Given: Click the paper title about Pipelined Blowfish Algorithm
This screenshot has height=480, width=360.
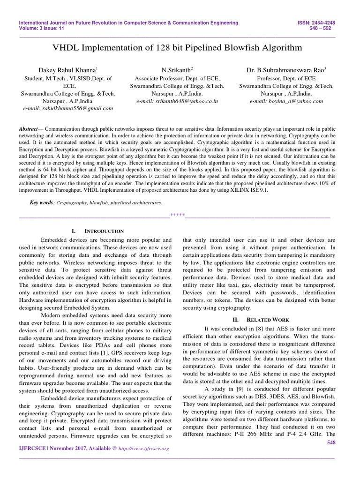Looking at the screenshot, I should [180, 48].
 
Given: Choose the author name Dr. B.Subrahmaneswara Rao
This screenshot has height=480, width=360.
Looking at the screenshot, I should [286, 70].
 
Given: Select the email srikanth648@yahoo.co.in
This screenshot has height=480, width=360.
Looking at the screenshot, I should [177, 101].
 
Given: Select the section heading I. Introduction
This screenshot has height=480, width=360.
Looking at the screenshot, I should [97, 231].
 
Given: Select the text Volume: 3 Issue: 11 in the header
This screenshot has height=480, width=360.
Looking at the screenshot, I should [42, 28].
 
